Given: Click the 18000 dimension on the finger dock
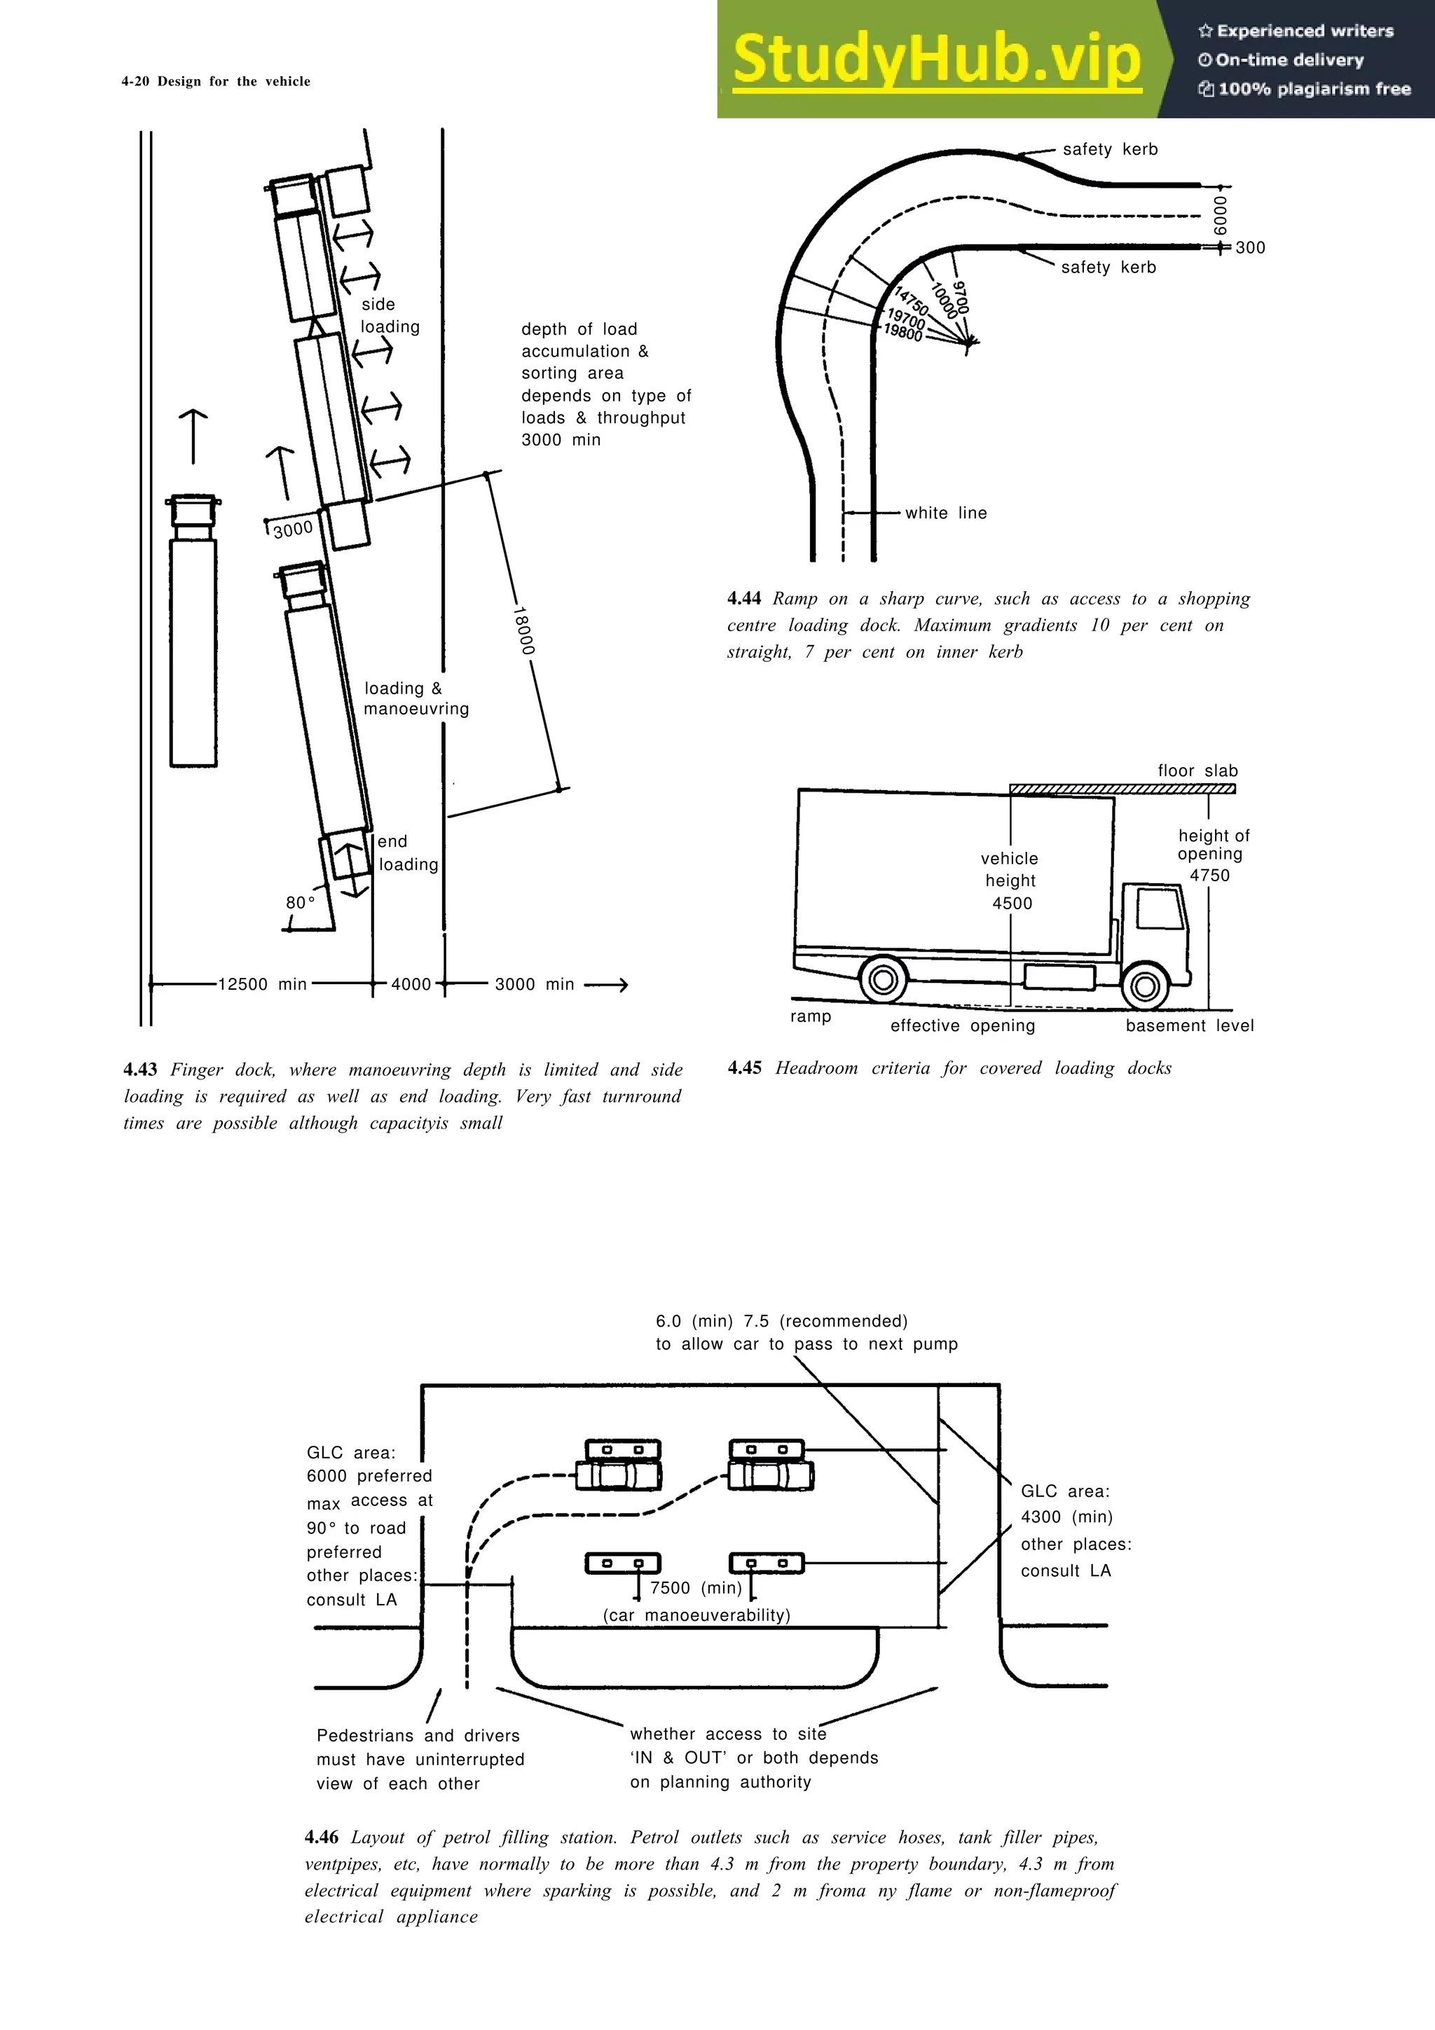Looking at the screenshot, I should point(523,630).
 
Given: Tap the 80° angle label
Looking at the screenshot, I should point(300,903).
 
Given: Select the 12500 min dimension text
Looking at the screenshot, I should point(263,984).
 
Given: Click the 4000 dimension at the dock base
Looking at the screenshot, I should point(411,984).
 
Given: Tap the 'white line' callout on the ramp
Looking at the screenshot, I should point(945,513).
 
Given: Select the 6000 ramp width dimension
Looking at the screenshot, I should point(1220,215).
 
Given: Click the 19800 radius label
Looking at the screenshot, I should point(902,333).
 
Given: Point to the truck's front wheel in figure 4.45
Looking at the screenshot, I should point(1145,985).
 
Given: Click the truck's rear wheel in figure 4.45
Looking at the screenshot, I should point(882,980).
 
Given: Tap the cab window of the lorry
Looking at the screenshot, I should point(1159,908).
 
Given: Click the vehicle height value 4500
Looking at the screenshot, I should point(1012,904).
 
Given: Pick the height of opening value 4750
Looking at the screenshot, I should point(1209,876).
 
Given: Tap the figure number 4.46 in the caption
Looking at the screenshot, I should point(321,1837).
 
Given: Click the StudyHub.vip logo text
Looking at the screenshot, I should point(936,60).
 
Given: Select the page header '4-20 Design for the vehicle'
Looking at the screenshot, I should point(216,81).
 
